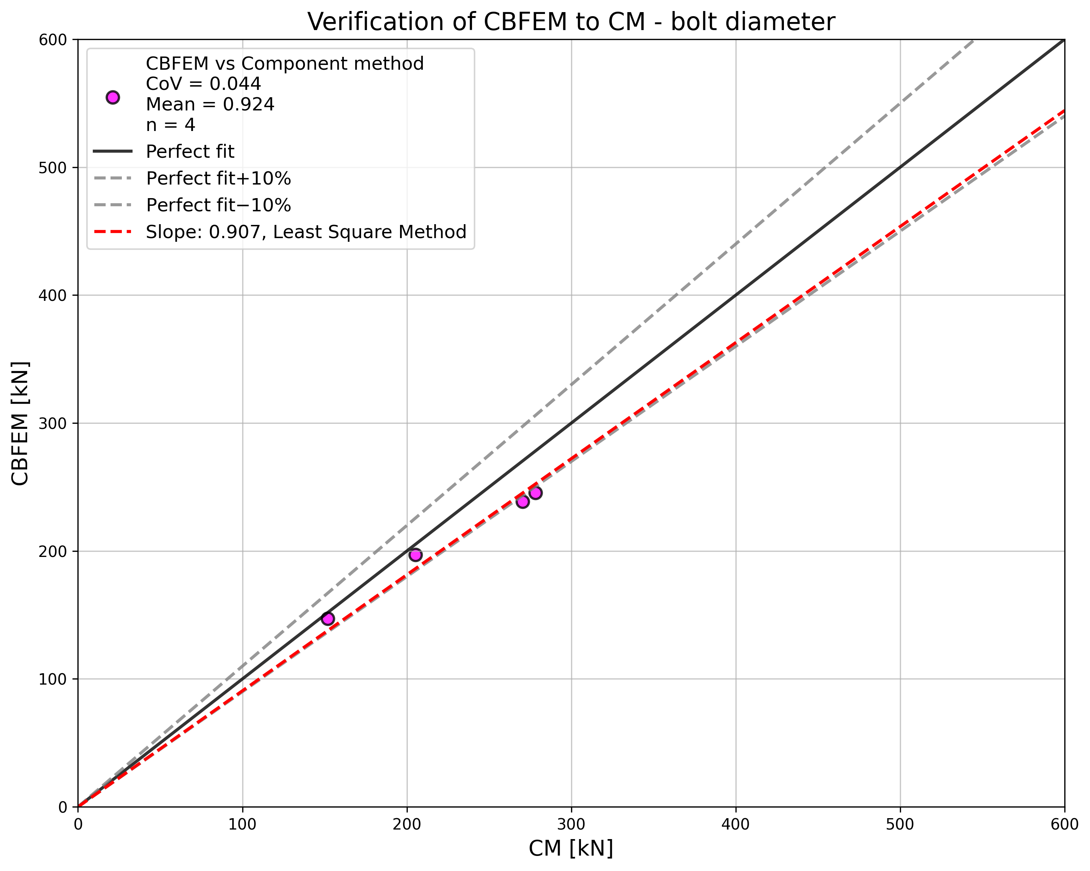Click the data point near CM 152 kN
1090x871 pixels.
328,619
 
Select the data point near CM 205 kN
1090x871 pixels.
415,555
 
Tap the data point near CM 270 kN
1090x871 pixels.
523,502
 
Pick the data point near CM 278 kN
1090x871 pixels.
536,493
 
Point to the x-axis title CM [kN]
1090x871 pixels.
571,848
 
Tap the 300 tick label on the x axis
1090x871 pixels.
571,824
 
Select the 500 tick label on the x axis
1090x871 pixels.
900,824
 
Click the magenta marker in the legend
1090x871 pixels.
113,98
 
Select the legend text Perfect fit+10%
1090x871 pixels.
218,178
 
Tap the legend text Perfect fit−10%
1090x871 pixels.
218,205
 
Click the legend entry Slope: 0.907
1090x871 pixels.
306,232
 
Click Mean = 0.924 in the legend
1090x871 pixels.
210,104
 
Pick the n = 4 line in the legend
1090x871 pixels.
170,125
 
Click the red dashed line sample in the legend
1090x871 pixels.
113,232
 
